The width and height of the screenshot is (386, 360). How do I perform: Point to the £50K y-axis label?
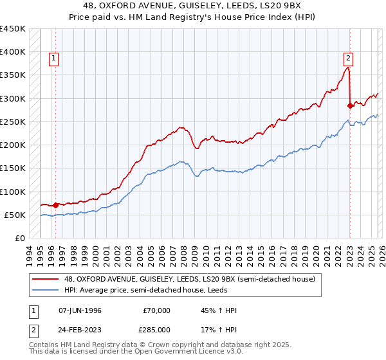click(15, 215)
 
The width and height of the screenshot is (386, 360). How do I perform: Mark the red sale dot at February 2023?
click(350, 105)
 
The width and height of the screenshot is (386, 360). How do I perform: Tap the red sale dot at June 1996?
click(56, 205)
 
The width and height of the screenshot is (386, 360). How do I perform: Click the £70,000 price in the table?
click(156, 310)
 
